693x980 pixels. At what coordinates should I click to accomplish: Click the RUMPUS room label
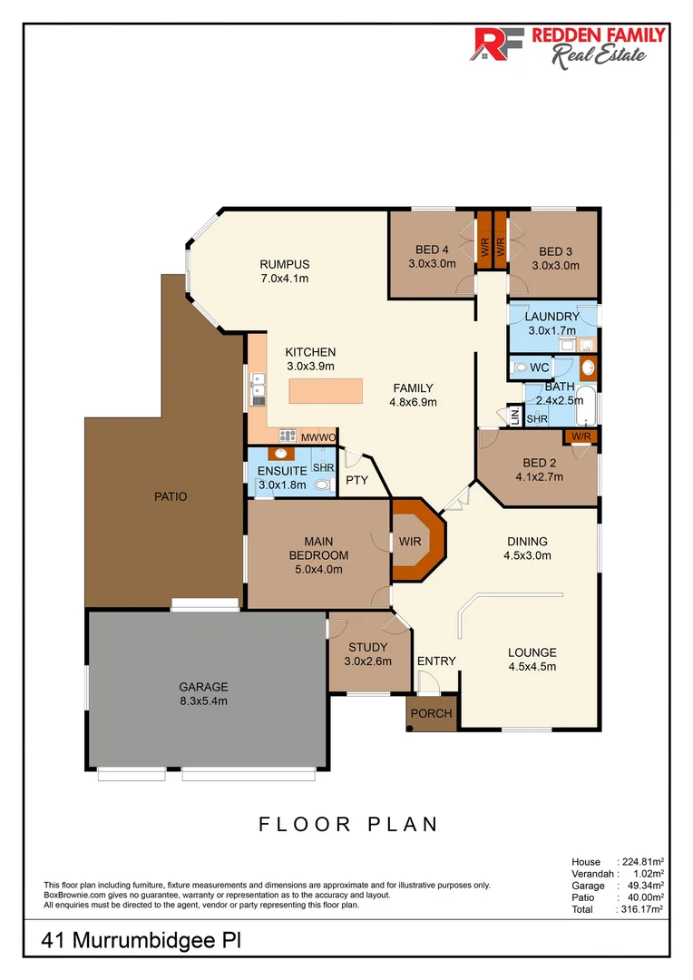285,264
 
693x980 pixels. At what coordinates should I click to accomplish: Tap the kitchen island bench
324,391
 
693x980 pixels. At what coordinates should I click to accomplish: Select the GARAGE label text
203,687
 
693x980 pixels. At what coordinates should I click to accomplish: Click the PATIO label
171,496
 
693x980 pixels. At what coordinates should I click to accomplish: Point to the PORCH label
432,713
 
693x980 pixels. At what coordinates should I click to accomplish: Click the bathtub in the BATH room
588,406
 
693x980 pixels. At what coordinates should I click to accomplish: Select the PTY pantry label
357,480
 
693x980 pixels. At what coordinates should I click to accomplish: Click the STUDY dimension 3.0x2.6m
368,661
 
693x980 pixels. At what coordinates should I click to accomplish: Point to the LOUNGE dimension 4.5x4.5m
532,667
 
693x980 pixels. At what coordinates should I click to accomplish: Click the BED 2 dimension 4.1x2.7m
539,475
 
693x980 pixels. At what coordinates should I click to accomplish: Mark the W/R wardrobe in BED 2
581,437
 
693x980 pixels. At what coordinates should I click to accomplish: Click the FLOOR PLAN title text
348,824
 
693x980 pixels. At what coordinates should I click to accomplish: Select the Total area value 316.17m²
641,908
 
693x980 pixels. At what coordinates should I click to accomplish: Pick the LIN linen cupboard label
514,416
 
